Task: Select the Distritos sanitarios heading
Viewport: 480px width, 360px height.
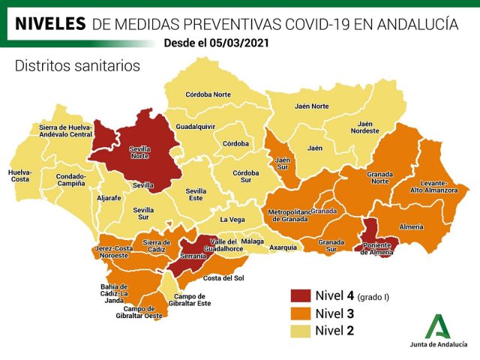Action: point(77,66)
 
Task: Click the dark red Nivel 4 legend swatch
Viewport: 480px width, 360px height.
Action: point(301,296)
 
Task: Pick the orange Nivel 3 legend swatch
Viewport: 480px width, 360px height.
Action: point(301,313)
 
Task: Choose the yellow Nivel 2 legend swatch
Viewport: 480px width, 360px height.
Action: point(301,331)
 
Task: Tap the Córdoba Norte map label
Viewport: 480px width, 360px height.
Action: point(209,94)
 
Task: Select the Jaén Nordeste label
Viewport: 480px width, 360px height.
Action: point(365,127)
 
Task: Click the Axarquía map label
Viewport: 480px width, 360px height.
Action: point(283,247)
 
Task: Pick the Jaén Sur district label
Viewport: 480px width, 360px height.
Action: point(283,163)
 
